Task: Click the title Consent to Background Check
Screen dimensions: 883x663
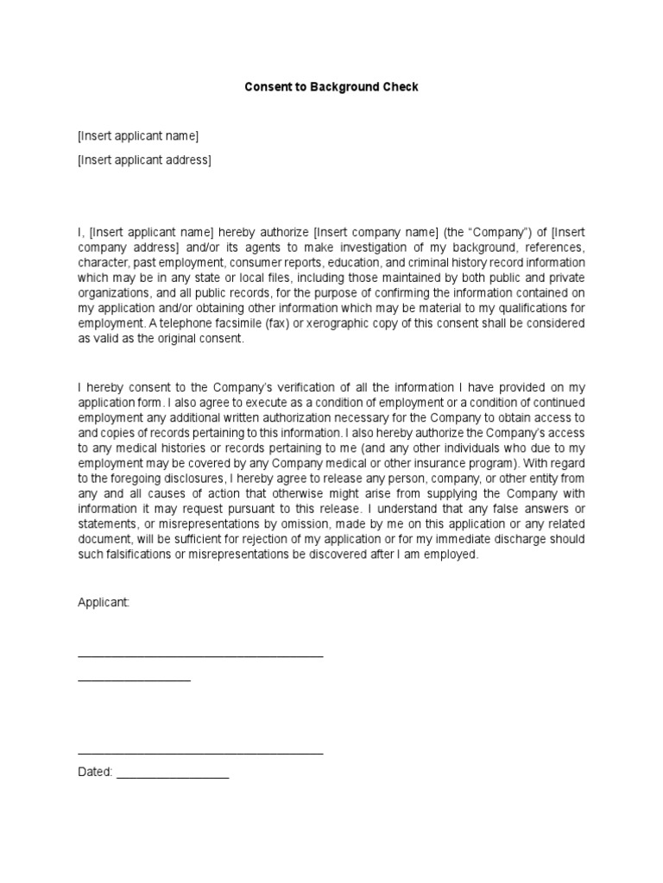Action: point(331,87)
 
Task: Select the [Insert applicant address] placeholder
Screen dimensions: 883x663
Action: point(144,160)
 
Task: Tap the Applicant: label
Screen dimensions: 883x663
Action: point(103,603)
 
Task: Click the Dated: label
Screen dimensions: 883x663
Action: point(95,772)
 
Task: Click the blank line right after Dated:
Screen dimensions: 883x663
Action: point(173,776)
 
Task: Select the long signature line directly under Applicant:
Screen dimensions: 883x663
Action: point(200,656)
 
